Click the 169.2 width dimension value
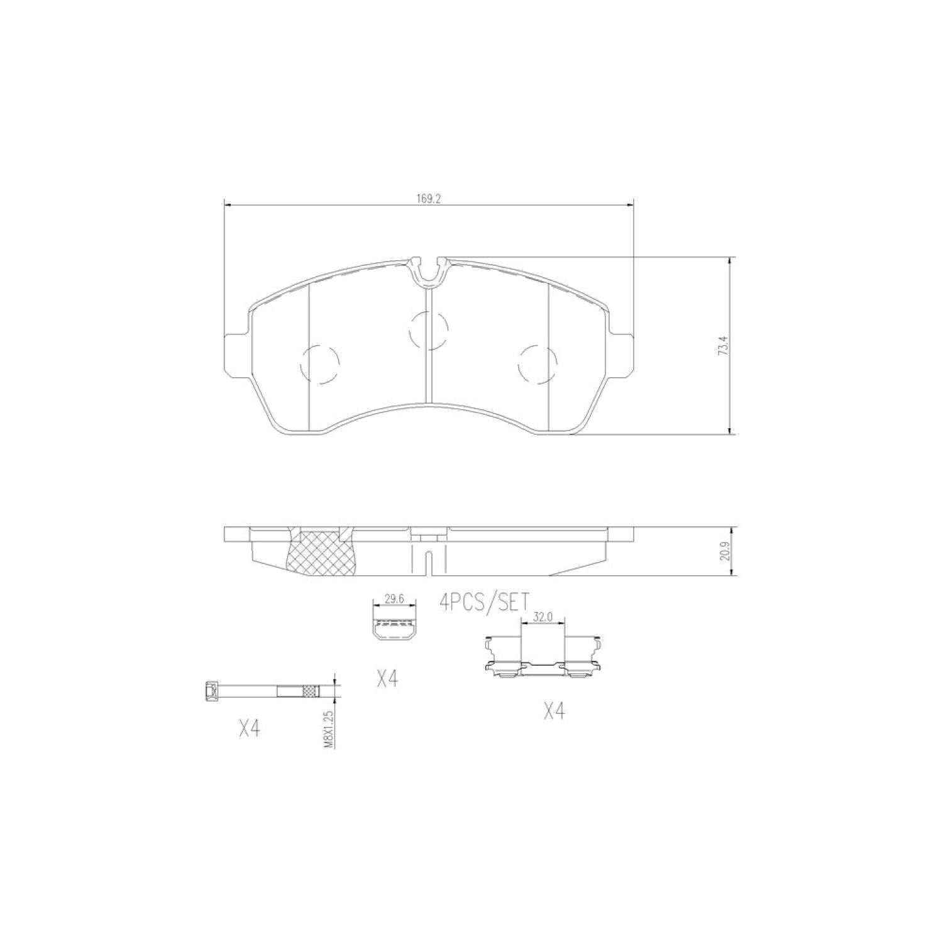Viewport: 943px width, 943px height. tap(429, 198)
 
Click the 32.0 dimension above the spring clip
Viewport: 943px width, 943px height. tap(543, 617)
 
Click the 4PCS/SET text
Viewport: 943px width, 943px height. tap(484, 602)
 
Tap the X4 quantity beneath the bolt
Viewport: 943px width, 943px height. tap(250, 729)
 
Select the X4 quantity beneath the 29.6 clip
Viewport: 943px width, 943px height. tap(387, 678)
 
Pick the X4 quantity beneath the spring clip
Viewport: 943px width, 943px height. tap(554, 711)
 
